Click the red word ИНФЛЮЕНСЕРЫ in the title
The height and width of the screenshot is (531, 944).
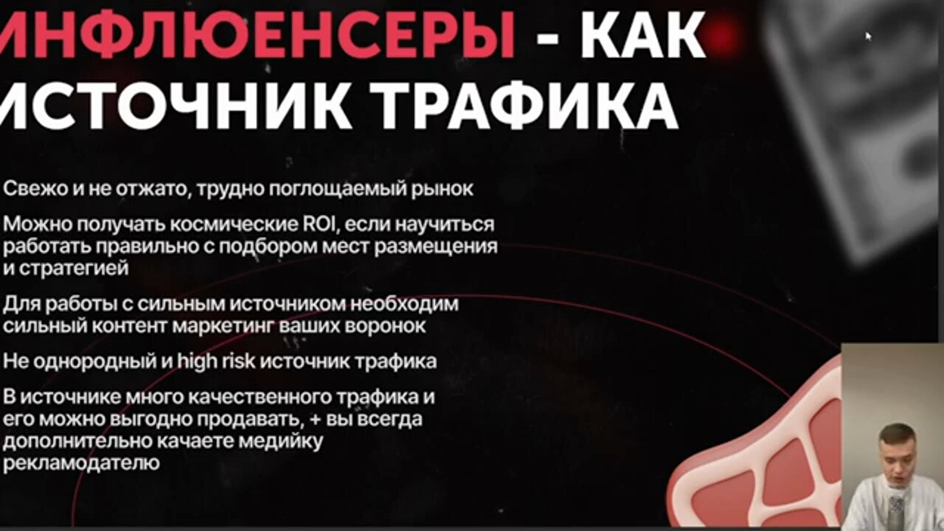pyautogui.click(x=257, y=35)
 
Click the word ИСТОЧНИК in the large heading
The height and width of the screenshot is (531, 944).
pyautogui.click(x=176, y=104)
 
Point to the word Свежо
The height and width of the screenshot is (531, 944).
pyautogui.click(x=35, y=189)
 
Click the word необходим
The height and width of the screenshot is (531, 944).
pyautogui.click(x=404, y=305)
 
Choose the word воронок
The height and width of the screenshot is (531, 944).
pyautogui.click(x=385, y=326)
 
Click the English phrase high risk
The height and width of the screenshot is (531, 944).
pyautogui.click(x=216, y=361)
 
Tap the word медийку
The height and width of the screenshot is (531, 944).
pyautogui.click(x=281, y=441)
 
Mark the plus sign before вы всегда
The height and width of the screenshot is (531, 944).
pyautogui.click(x=315, y=420)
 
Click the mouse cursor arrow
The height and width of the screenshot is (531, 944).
pyautogui.click(x=868, y=36)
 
